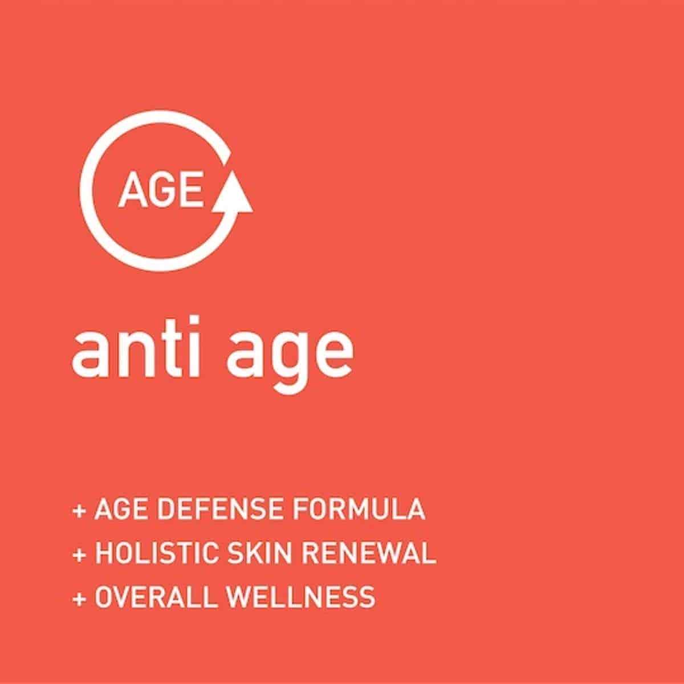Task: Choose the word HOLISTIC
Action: tap(156, 553)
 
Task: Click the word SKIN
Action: tap(259, 553)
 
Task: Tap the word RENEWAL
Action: tap(368, 553)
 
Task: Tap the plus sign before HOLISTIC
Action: tap(79, 555)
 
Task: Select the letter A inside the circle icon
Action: tap(133, 190)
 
